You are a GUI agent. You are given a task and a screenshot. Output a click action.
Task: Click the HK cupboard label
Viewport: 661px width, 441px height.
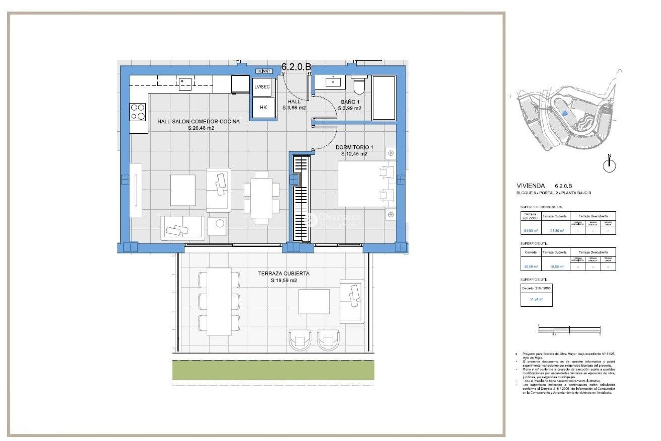[x=263, y=107]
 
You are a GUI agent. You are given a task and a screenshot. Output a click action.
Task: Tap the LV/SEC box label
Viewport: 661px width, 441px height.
[x=262, y=87]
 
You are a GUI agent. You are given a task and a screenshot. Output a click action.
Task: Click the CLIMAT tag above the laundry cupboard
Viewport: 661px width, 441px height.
[x=264, y=71]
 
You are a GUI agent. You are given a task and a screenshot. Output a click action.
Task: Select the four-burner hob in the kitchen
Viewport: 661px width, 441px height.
[x=138, y=112]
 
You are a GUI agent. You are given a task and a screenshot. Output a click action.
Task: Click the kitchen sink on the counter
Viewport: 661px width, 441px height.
[x=185, y=83]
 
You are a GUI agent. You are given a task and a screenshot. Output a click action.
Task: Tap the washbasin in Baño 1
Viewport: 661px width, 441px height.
[x=333, y=82]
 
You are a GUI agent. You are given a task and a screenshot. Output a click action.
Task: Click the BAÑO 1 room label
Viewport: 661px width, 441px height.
[x=350, y=102]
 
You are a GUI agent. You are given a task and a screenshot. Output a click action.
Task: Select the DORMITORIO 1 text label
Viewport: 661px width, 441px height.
[x=354, y=147]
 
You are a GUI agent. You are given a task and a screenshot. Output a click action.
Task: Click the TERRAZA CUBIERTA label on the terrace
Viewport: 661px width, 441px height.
[x=284, y=273]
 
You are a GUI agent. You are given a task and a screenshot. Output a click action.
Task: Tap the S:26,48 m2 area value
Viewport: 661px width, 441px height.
[x=201, y=128]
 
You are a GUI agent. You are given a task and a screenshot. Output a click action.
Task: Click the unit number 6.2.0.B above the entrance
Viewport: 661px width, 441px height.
[x=296, y=67]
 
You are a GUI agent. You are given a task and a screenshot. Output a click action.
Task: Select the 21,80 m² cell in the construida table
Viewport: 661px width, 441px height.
[x=555, y=230]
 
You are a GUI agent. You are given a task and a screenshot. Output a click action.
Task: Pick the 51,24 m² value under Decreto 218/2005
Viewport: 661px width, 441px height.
[x=536, y=299]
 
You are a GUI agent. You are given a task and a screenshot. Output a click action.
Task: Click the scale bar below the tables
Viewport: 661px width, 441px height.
[x=569, y=329]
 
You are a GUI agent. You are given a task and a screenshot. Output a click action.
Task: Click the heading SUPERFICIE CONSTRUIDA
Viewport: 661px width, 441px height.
[x=541, y=207]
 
